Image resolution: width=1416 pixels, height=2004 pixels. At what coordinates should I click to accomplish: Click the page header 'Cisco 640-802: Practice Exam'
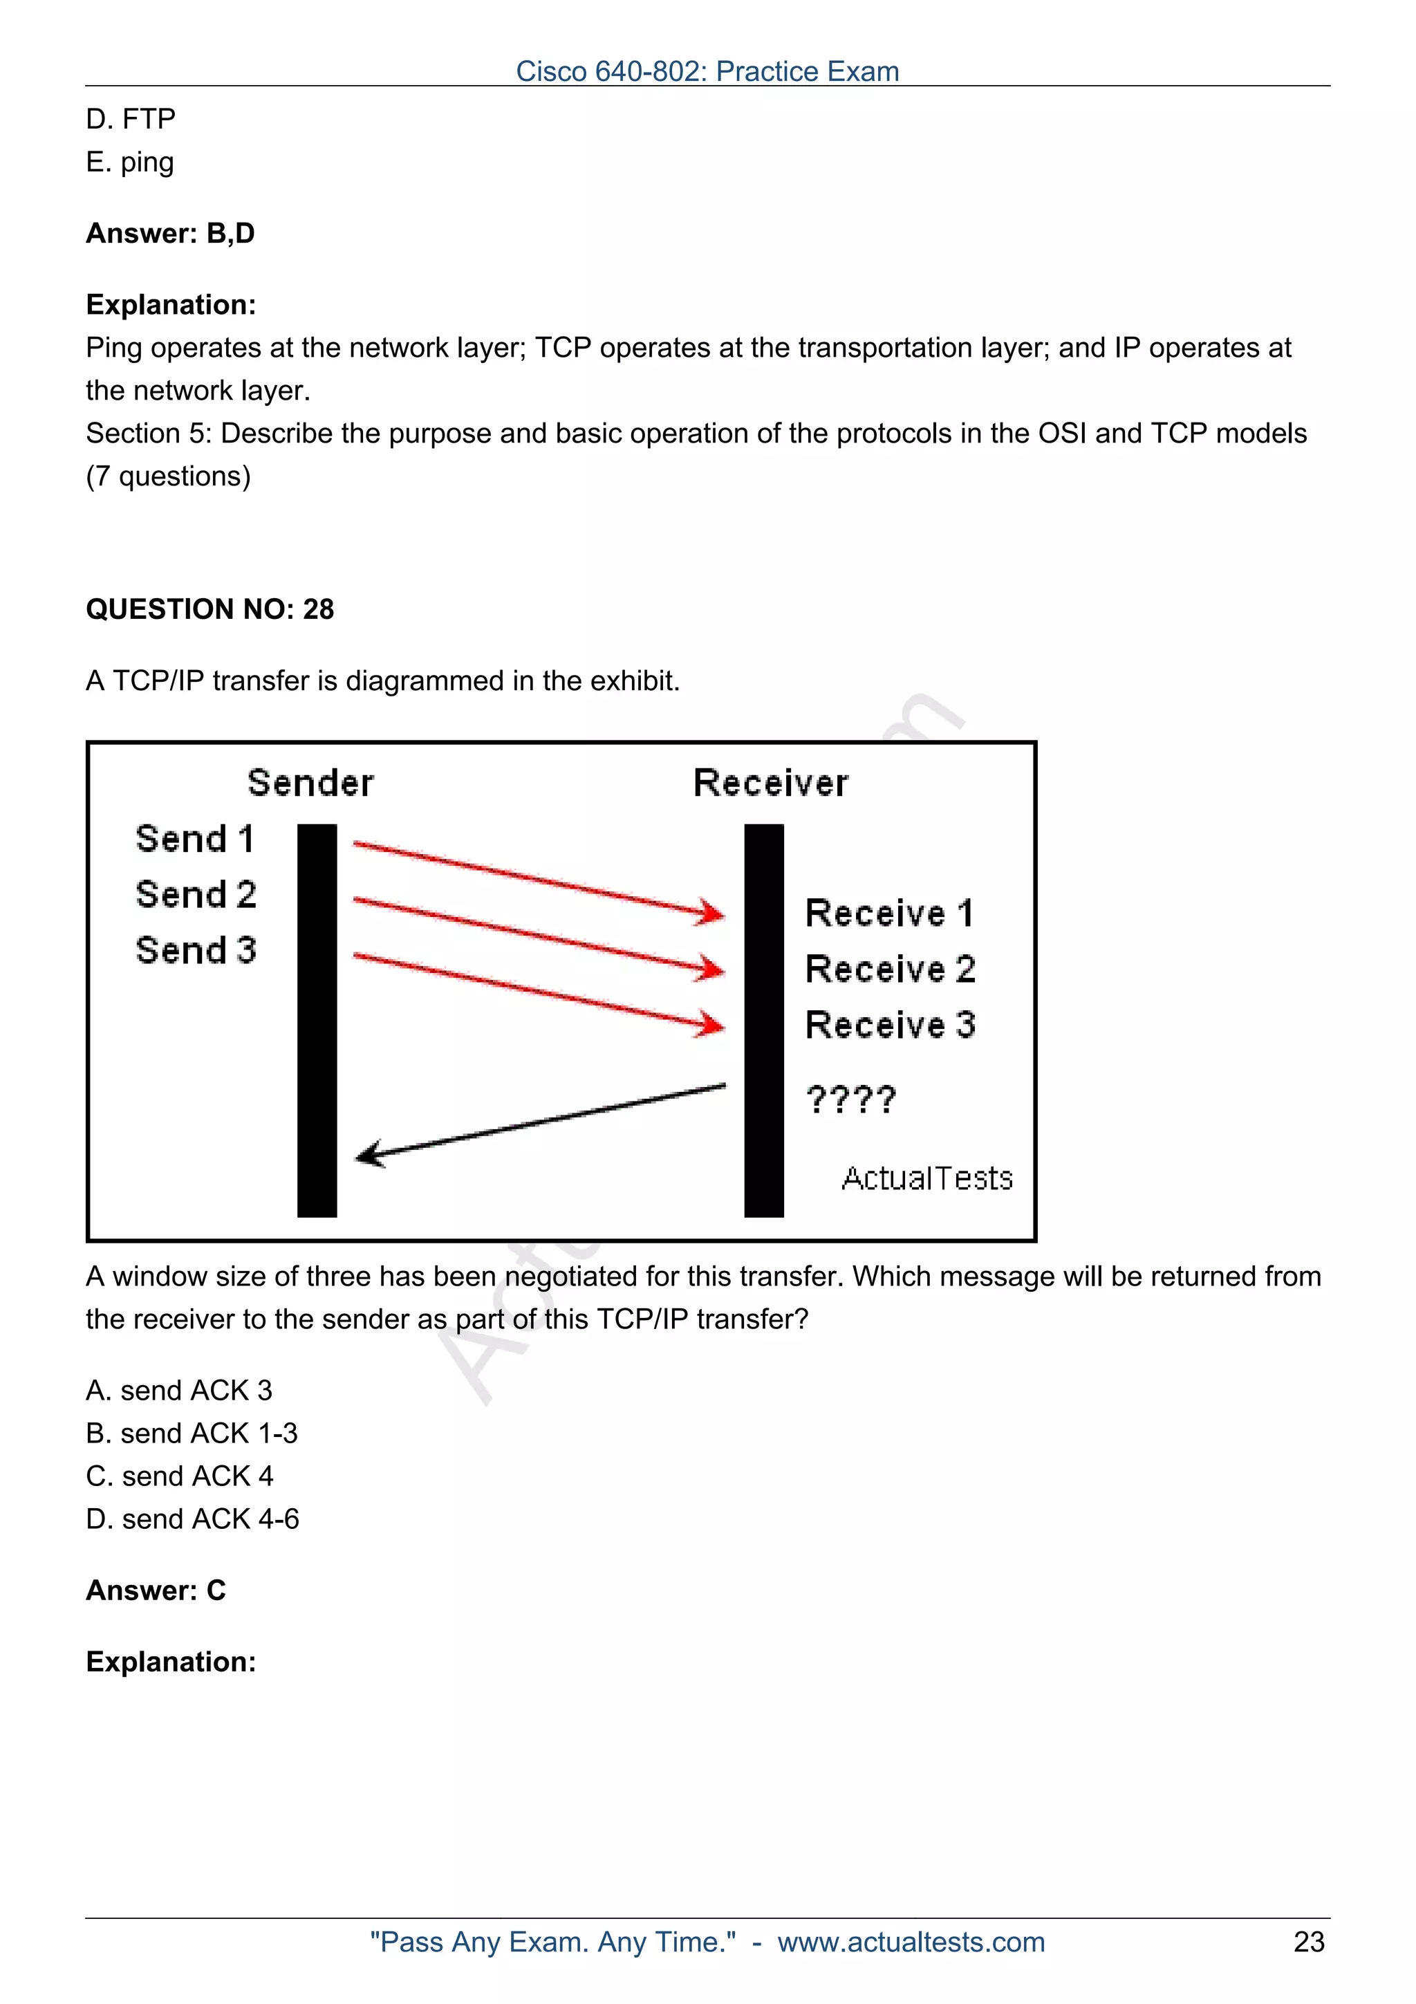[707, 72]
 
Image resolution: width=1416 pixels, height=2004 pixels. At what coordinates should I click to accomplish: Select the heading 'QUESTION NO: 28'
[209, 609]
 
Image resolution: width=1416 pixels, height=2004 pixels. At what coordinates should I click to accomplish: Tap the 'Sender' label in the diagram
[310, 783]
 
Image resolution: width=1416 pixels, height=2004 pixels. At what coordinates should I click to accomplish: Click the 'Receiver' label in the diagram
[770, 783]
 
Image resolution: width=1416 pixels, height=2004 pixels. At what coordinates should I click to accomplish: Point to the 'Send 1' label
[196, 839]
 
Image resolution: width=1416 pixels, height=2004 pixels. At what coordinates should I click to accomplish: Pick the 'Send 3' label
[196, 949]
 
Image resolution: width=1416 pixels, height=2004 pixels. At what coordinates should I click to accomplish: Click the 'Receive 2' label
[890, 969]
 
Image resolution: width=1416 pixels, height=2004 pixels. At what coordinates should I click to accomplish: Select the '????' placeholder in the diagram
[850, 1100]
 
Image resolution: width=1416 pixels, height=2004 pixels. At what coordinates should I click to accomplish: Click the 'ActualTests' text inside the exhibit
[926, 1178]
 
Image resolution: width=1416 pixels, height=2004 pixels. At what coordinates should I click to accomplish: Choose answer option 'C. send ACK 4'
[180, 1476]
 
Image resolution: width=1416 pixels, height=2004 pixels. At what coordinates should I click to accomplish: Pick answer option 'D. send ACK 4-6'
[192, 1519]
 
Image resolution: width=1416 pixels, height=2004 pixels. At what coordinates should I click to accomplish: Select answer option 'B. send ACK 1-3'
[192, 1434]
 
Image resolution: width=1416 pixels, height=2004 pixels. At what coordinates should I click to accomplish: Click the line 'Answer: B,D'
[170, 233]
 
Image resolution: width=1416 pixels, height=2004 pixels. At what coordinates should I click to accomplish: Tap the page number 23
[1309, 1941]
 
